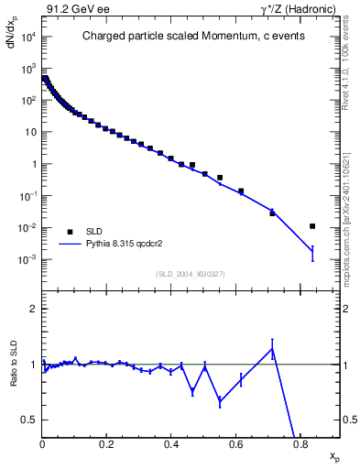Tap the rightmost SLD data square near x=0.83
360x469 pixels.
(312, 225)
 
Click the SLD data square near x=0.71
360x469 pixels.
(272, 212)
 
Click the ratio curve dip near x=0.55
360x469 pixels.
(220, 401)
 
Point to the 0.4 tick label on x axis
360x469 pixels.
(171, 446)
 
